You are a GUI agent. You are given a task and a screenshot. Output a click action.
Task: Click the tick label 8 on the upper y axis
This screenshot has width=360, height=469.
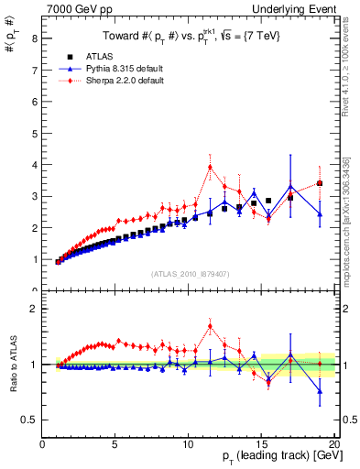tap(34, 38)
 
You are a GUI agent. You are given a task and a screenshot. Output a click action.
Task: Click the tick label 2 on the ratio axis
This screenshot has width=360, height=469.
tap(34, 309)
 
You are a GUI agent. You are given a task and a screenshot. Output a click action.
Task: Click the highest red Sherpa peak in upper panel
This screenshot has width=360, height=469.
tap(210, 167)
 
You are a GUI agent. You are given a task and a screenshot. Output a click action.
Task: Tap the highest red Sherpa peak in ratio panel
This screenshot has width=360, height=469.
tap(210, 326)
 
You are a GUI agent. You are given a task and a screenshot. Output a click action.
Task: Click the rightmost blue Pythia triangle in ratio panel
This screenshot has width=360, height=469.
tap(320, 391)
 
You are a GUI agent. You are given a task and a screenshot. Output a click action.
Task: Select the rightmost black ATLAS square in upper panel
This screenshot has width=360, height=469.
tap(320, 183)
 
